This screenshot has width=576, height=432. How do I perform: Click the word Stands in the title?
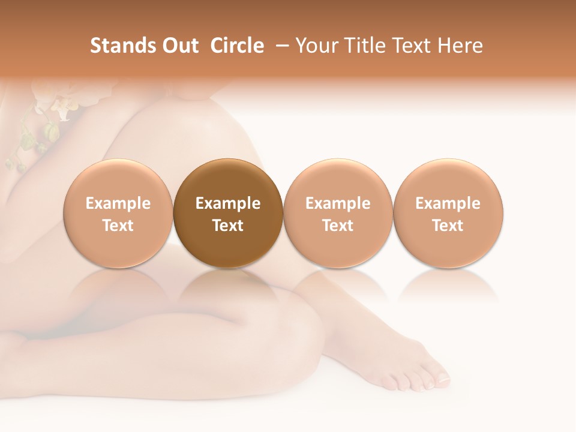[x=114, y=46]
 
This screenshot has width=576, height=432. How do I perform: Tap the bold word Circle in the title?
[x=237, y=46]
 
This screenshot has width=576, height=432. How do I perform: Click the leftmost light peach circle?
[x=118, y=214]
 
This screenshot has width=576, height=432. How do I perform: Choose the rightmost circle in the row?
[x=448, y=214]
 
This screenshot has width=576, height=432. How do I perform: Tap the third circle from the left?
[x=338, y=214]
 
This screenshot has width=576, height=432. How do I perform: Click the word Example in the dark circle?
[x=228, y=203]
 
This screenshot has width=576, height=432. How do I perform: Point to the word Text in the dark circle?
[x=228, y=226]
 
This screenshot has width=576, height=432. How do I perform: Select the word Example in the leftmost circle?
[x=118, y=203]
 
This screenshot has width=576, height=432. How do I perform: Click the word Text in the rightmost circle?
[x=448, y=226]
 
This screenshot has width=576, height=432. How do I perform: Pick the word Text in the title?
[x=409, y=46]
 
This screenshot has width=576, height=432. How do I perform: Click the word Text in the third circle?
[x=338, y=226]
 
